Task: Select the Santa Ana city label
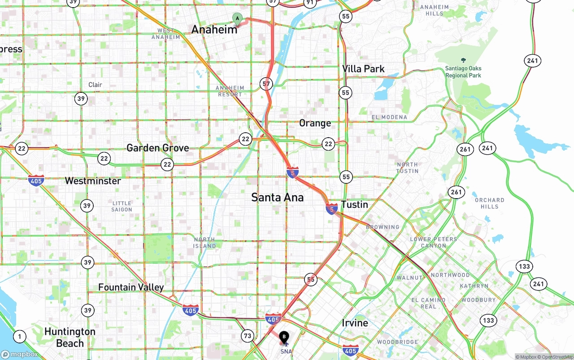click(x=277, y=197)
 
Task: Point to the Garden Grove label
click(x=157, y=148)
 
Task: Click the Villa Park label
click(x=363, y=69)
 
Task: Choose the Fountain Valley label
click(x=131, y=287)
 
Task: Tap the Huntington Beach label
click(x=70, y=338)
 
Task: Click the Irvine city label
click(x=355, y=323)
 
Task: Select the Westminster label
click(x=93, y=181)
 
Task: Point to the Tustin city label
click(x=354, y=205)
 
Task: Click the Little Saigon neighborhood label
click(x=122, y=207)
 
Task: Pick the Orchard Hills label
click(x=489, y=203)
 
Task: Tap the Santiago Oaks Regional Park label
click(x=463, y=72)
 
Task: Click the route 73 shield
click(x=248, y=335)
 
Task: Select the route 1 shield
click(x=19, y=336)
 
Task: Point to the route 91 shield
click(x=309, y=3)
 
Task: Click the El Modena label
click(x=389, y=117)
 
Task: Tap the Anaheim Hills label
click(x=434, y=10)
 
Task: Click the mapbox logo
click(x=20, y=355)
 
